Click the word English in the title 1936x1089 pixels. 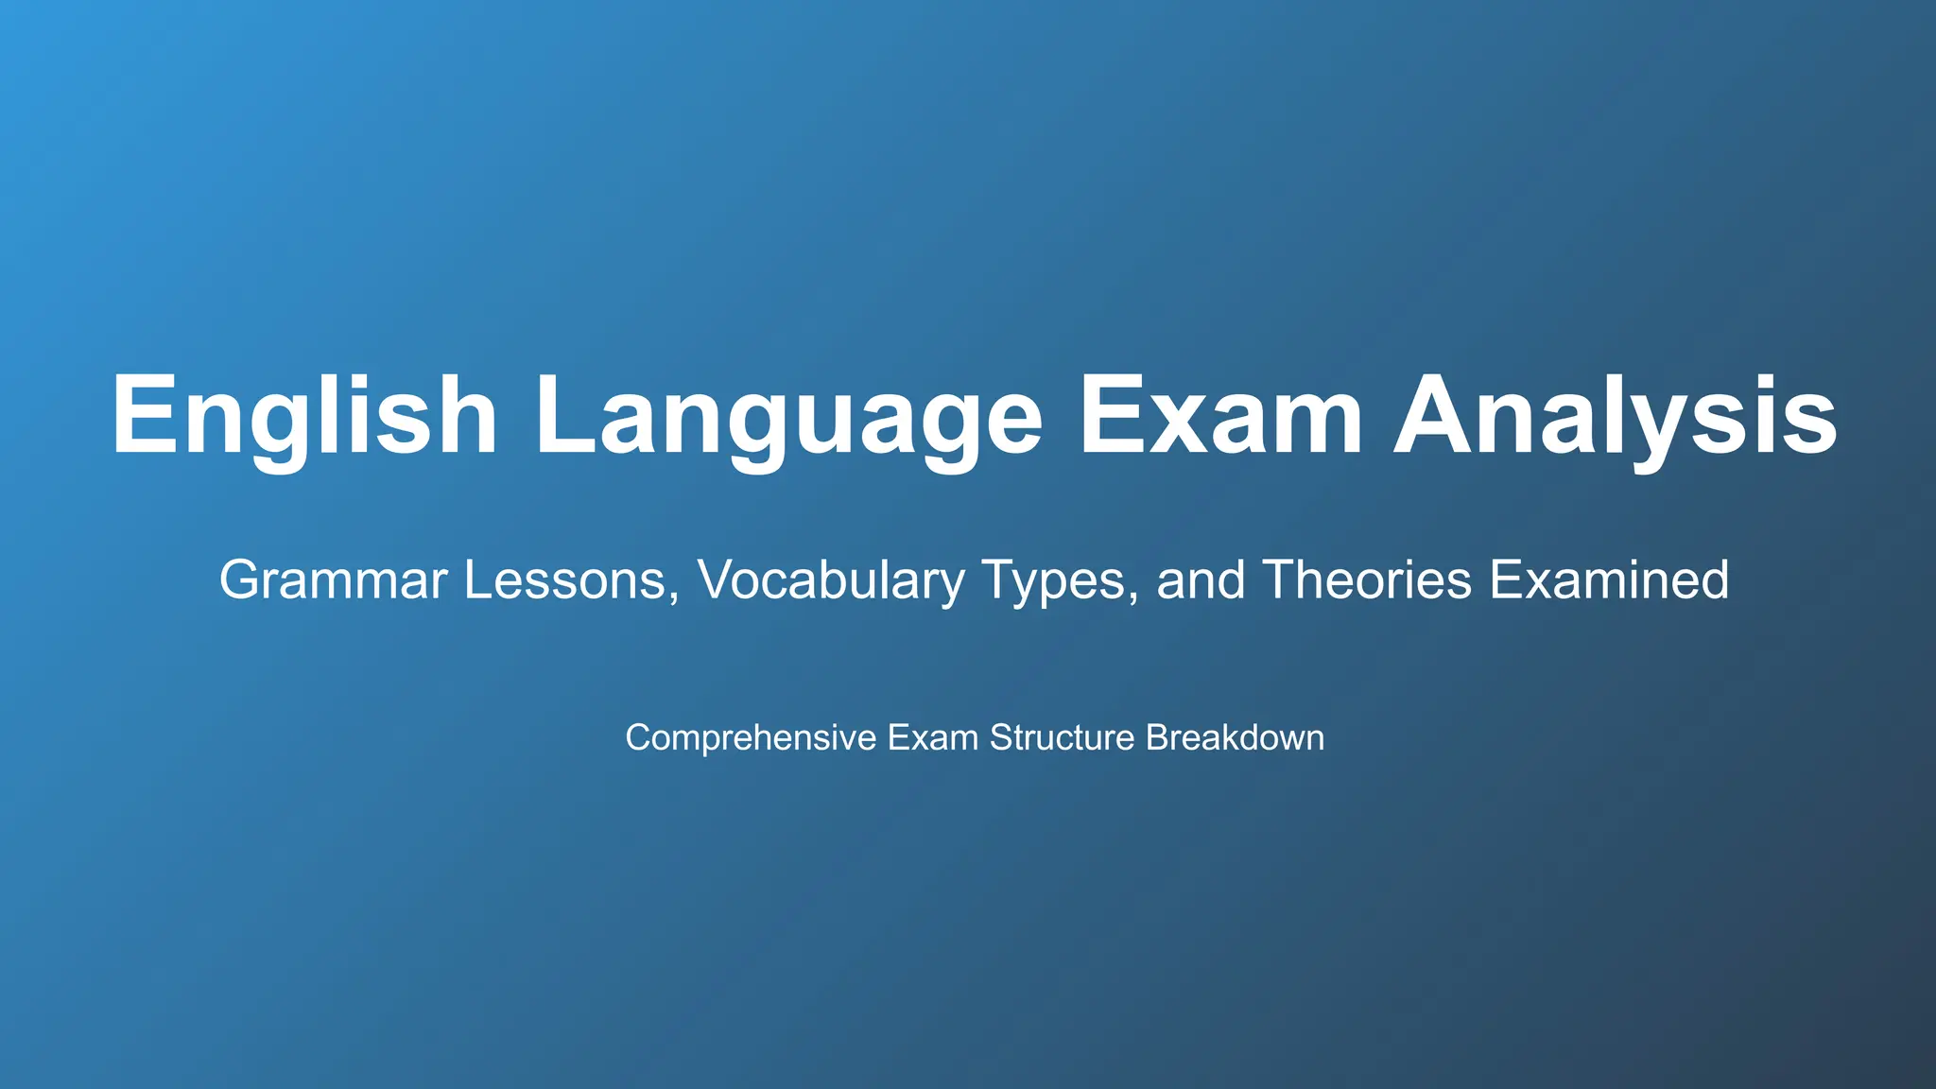pyautogui.click(x=304, y=417)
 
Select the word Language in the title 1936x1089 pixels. pyautogui.click(x=788, y=417)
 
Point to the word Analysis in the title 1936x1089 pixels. pyautogui.click(x=1616, y=417)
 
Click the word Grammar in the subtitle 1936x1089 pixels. pyautogui.click(x=333, y=580)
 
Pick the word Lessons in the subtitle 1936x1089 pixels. pyautogui.click(x=564, y=580)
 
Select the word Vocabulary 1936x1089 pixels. pyautogui.click(x=831, y=580)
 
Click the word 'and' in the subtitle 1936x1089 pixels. pyautogui.click(x=1201, y=580)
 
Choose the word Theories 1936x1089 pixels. pyautogui.click(x=1368, y=580)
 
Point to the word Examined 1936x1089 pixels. pyautogui.click(x=1609, y=580)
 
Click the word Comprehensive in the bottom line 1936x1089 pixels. pyautogui.click(x=751, y=738)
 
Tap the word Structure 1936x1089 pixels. pyautogui.click(x=1062, y=738)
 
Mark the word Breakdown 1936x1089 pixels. pyautogui.click(x=1235, y=738)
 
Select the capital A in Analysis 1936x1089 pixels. pyautogui.click(x=1439, y=417)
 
